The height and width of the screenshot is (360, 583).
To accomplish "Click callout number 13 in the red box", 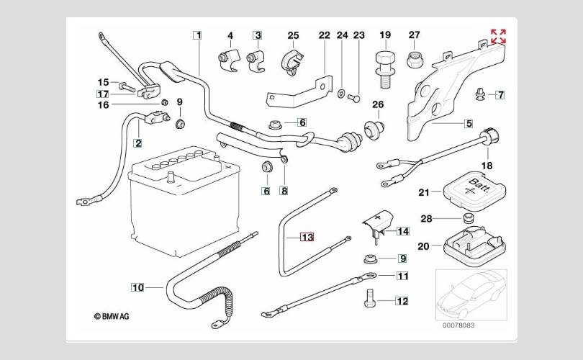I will coord(307,237).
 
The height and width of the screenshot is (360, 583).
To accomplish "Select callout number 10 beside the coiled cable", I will coord(137,287).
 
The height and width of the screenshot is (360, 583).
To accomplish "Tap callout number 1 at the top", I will coord(197,35).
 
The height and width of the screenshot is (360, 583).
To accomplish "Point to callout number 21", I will coord(423,192).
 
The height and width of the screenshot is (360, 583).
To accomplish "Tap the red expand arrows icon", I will coord(498,36).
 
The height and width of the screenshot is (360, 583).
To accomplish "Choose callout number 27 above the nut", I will coord(414,35).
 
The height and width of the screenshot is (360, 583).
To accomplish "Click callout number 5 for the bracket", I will coord(469,123).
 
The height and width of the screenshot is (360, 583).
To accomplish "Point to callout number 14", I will coord(402,231).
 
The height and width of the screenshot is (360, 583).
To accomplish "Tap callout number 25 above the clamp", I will coord(293,35).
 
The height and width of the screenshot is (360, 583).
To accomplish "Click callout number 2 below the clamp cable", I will coord(137,143).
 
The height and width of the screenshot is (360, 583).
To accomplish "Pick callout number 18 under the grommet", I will coord(487,166).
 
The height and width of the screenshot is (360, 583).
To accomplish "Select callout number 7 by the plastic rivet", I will coord(500,94).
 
